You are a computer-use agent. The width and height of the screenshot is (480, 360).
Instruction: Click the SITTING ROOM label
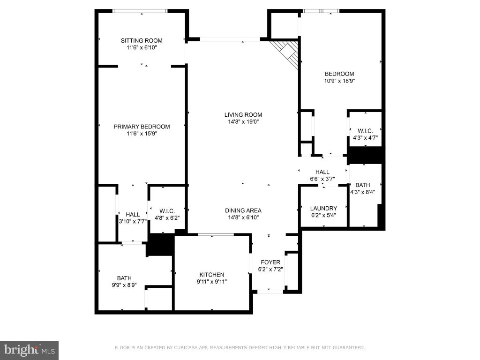click(142, 41)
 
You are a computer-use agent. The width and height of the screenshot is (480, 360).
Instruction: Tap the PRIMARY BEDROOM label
click(142, 127)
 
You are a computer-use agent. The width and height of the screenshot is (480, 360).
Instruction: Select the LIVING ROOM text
click(243, 115)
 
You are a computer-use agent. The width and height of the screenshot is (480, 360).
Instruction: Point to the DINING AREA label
click(243, 210)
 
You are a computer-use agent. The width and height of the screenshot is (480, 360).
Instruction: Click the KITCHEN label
click(212, 275)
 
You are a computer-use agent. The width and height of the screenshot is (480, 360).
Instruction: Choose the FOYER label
click(270, 262)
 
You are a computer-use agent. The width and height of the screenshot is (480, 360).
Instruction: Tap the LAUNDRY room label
click(323, 209)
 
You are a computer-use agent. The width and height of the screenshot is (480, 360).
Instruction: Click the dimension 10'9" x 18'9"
click(339, 81)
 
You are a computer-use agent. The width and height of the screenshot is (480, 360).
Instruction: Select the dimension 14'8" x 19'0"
click(243, 122)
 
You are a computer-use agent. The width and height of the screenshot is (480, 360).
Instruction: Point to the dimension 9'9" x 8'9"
click(124, 285)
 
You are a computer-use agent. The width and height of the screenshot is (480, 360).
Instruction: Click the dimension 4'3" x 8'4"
click(363, 192)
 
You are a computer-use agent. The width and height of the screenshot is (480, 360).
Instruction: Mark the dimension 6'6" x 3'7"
click(322, 179)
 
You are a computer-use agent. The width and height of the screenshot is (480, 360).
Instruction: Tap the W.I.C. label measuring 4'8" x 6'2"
click(167, 211)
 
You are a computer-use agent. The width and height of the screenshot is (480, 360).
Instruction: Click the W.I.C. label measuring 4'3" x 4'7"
click(365, 131)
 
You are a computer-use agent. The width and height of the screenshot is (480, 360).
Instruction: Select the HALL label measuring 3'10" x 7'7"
click(133, 215)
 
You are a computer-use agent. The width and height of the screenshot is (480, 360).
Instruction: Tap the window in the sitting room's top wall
click(140, 11)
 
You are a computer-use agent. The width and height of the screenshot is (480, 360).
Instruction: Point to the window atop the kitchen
click(216, 234)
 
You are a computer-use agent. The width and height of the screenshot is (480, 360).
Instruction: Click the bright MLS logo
click(30, 350)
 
